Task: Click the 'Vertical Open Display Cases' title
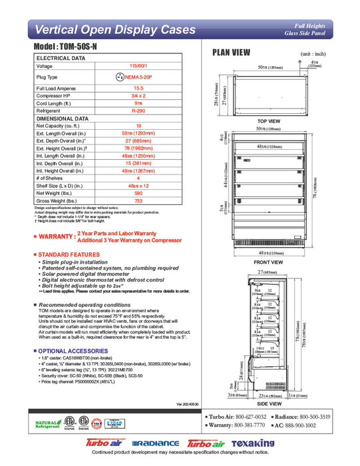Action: (114, 29)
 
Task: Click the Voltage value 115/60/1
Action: (138, 66)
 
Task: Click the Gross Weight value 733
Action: (138, 200)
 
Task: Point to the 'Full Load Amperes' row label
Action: (57, 88)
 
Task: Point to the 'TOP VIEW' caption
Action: (268, 120)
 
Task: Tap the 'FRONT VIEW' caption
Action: (268, 262)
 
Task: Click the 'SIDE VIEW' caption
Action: (268, 403)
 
